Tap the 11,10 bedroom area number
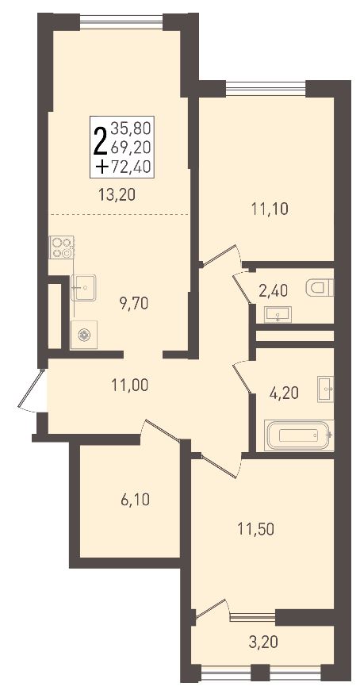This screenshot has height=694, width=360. pos(270,208)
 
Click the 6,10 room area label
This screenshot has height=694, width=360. pos(135,500)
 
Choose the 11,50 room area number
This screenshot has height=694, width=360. pos(255,529)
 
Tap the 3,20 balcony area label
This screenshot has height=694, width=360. pos(263,642)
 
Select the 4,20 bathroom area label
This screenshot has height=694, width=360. pos(285,392)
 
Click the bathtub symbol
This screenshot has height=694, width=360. pos(299,435)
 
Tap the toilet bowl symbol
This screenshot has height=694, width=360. pos(320,288)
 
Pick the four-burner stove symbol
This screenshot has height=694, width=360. pos(62,247)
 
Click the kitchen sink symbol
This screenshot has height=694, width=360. pos(83,287)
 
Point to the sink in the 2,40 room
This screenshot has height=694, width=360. pos(278,314)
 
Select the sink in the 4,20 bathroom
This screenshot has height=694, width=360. pos(325,389)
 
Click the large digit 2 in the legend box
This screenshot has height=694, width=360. pos(100,140)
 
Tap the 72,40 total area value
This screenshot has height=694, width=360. pos(131,167)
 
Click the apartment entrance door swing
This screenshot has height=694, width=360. pos(32,389)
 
